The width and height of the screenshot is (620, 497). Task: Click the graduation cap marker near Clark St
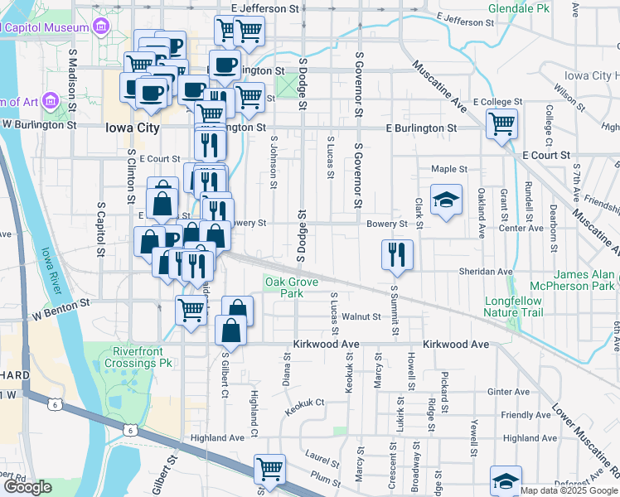(447, 200)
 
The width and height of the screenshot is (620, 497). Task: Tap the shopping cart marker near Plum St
(270, 470)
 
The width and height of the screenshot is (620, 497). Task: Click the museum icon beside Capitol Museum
(101, 27)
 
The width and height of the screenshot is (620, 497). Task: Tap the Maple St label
(449, 169)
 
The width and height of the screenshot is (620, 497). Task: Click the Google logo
(27, 487)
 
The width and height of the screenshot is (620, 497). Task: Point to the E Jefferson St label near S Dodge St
(265, 7)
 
